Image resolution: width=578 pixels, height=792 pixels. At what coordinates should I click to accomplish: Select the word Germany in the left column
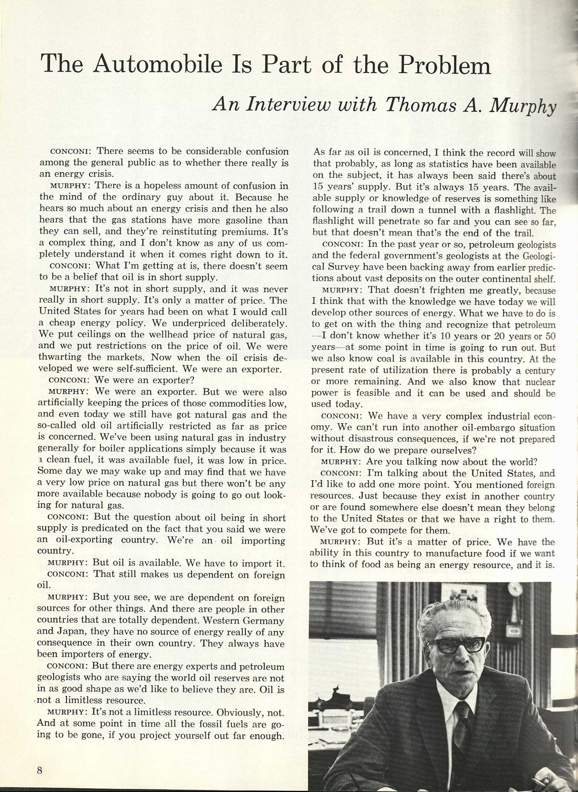coord(260,621)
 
